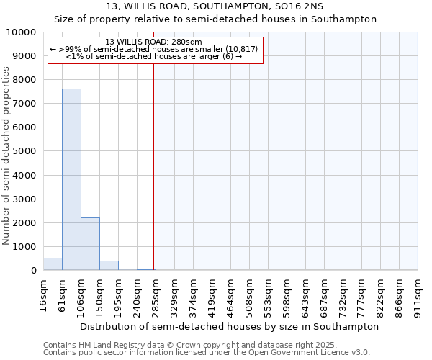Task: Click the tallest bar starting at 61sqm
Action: pyautogui.click(x=71, y=179)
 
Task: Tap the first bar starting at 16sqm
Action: pyautogui.click(x=53, y=264)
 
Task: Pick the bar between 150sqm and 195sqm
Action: pyautogui.click(x=109, y=265)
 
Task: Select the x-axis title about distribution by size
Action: pyautogui.click(x=229, y=326)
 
